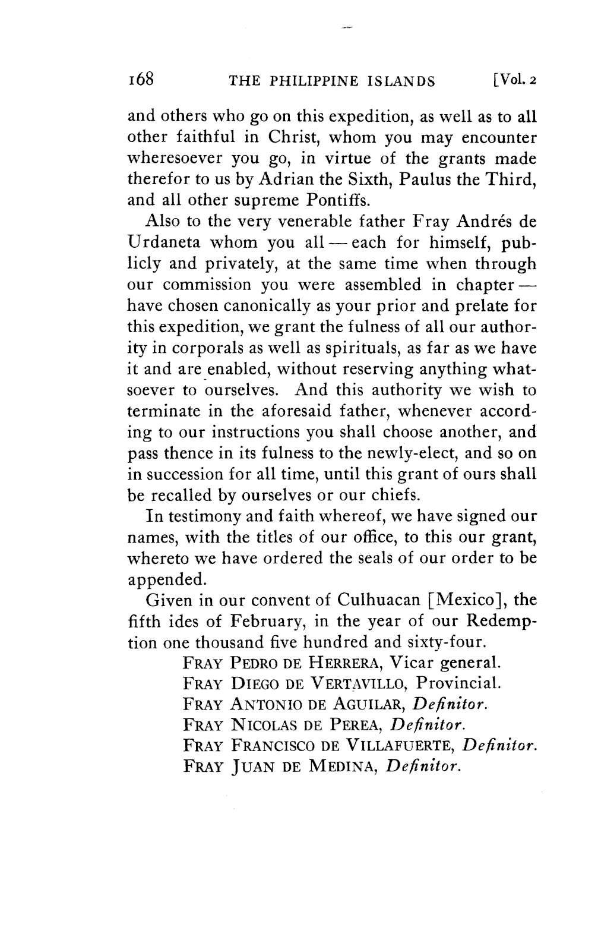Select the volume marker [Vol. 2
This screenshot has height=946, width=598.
511,80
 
